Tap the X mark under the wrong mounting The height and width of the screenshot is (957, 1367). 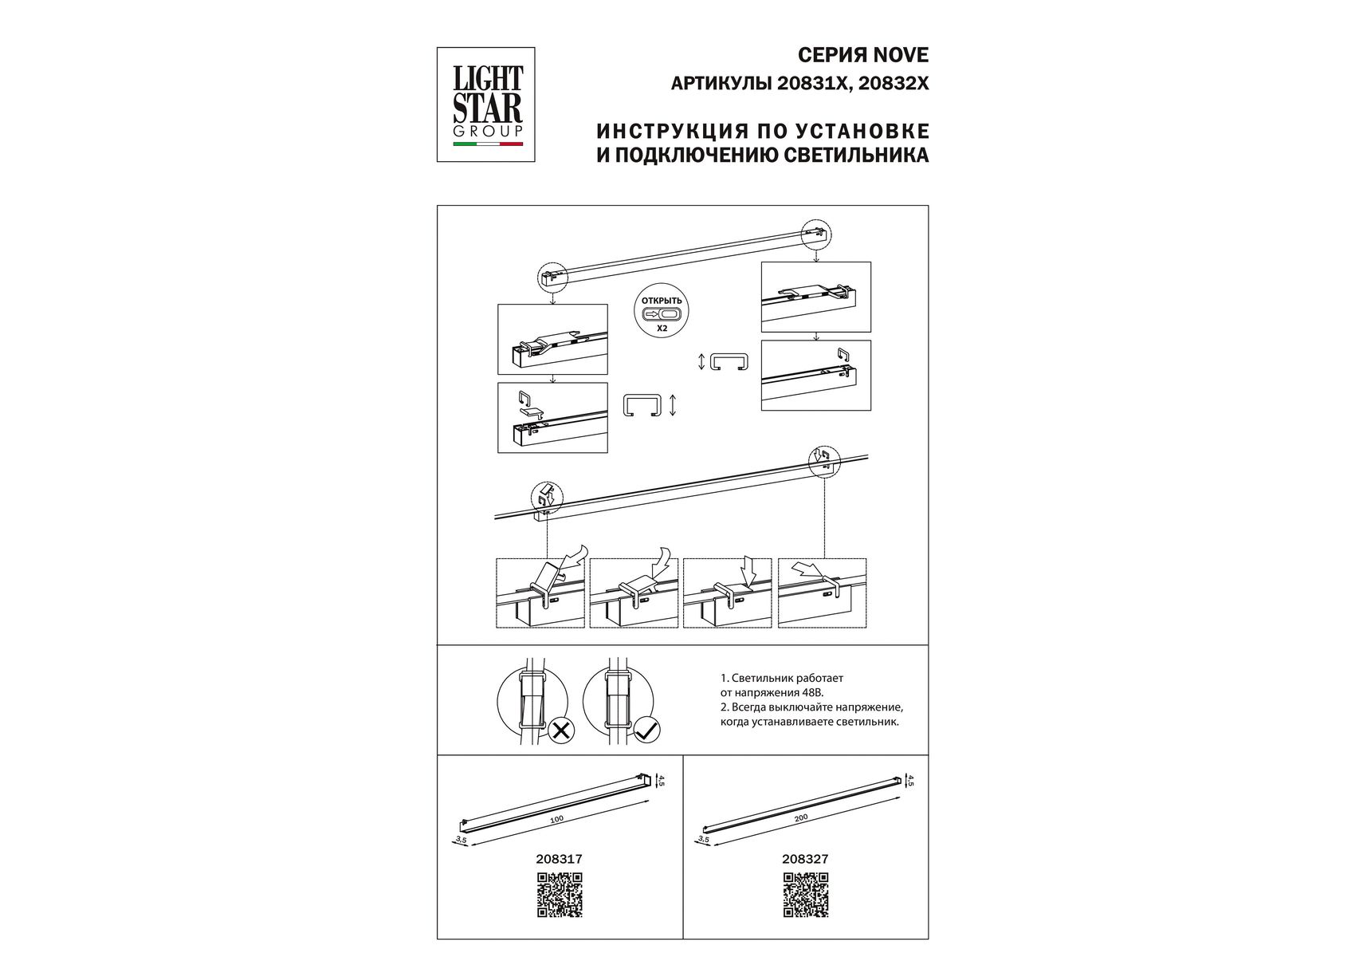[x=561, y=730]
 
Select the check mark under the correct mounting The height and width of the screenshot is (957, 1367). [x=646, y=730]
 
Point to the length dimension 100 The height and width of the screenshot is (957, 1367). [x=556, y=818]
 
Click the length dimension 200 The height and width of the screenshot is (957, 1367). [x=801, y=817]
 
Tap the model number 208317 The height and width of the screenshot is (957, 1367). [x=559, y=860]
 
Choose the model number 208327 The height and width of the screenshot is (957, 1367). [x=805, y=860]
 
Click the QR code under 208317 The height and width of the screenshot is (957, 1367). [x=560, y=895]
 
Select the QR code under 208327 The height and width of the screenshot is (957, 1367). [x=806, y=895]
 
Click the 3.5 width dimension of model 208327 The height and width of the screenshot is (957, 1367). [x=703, y=838]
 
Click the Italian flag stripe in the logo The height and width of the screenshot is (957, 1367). [x=488, y=144]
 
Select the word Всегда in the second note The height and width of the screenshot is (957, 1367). [x=749, y=707]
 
